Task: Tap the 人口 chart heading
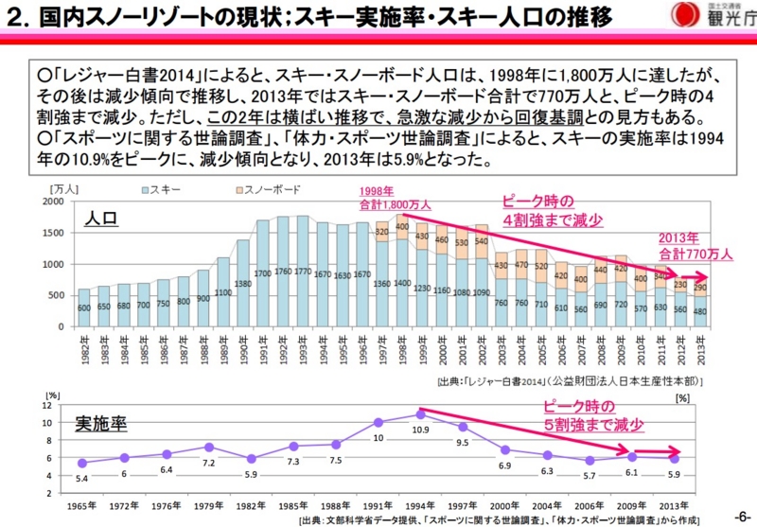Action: coord(101,218)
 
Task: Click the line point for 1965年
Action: coord(83,463)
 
